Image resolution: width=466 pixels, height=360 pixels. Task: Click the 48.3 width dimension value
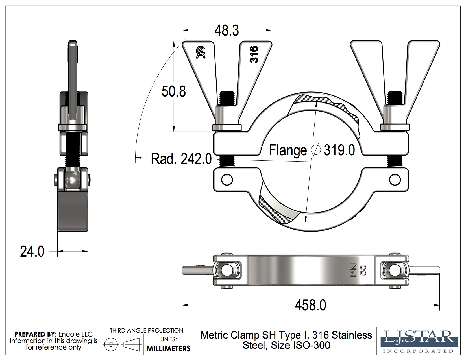(x=227, y=30)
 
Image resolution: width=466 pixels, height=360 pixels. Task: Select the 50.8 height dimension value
(x=173, y=91)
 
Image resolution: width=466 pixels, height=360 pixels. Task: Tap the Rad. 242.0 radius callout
(x=181, y=159)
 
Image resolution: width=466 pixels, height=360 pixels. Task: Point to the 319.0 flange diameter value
(x=339, y=150)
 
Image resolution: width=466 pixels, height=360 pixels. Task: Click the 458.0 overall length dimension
(x=310, y=305)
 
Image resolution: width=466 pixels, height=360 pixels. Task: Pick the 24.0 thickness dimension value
(x=32, y=251)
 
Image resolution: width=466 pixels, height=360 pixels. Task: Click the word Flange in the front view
(x=288, y=150)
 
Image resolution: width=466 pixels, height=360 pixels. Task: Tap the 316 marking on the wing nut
(x=254, y=54)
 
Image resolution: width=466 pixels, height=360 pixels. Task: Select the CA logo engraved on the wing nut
(x=201, y=53)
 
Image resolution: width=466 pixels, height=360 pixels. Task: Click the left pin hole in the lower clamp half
(x=227, y=179)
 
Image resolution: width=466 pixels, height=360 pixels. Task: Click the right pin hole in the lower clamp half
(x=395, y=179)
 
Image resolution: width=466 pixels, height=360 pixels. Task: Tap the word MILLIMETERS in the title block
(x=168, y=348)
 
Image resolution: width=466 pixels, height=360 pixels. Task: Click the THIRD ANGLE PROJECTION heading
(x=146, y=330)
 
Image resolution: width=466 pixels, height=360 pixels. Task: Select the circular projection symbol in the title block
(x=111, y=344)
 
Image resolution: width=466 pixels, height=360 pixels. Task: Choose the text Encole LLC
(x=75, y=334)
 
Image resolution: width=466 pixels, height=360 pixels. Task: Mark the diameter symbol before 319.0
(x=315, y=150)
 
